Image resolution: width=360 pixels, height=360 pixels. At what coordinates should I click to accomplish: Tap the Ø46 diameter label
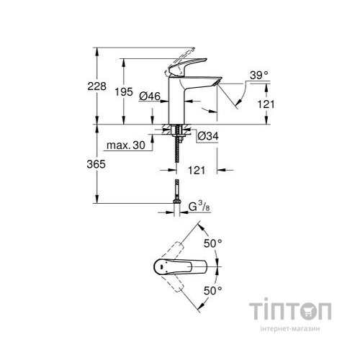[150, 96]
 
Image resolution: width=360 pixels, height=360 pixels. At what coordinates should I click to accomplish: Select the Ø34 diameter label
[207, 135]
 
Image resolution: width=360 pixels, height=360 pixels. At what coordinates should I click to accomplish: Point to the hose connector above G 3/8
[175, 193]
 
